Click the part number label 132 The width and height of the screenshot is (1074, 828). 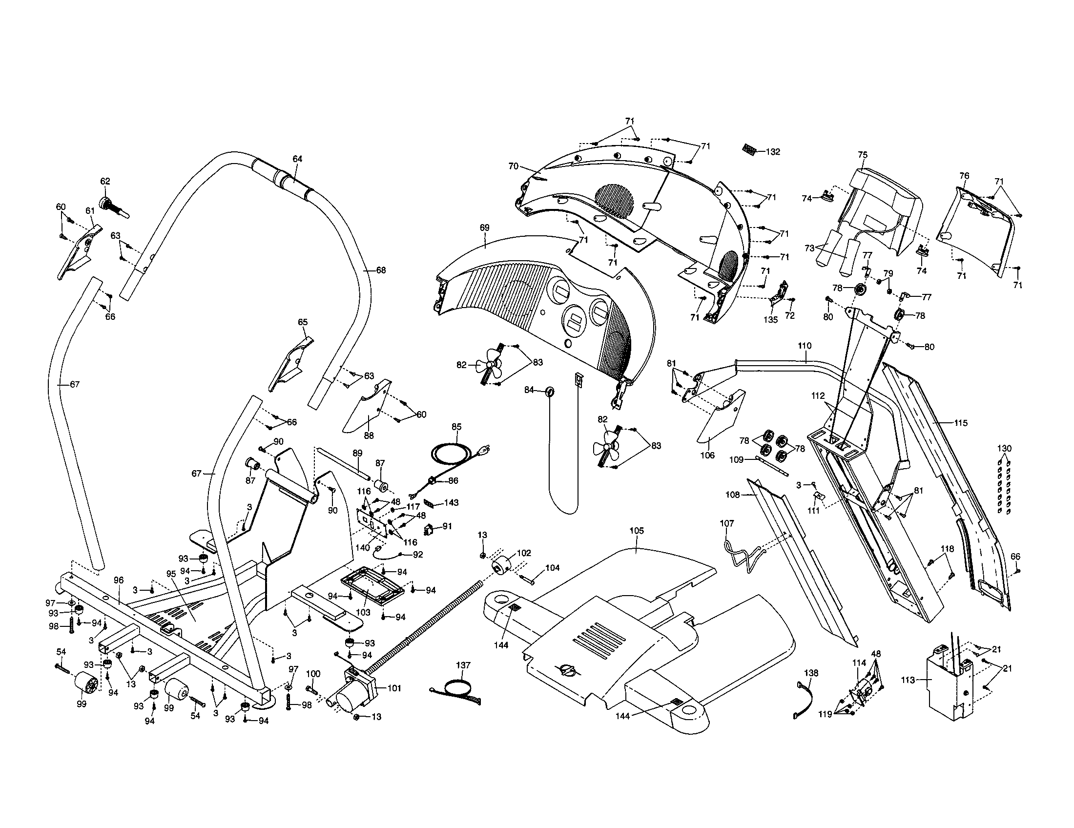click(x=773, y=152)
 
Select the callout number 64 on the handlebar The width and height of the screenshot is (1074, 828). click(x=297, y=159)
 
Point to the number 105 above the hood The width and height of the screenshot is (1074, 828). click(x=636, y=531)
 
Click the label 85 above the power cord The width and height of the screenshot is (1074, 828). click(x=456, y=426)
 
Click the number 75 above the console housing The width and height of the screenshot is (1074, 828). click(x=863, y=154)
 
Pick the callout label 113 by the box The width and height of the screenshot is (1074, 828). click(x=909, y=680)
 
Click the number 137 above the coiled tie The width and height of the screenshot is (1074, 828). click(x=463, y=665)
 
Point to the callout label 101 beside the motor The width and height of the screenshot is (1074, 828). click(x=394, y=688)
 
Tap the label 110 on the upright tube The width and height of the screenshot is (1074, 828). click(x=805, y=346)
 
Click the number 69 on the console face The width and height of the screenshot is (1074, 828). click(x=484, y=228)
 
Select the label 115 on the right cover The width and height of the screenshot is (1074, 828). click(x=960, y=422)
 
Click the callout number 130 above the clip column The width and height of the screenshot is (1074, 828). click(x=1004, y=448)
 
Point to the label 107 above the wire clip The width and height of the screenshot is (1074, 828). click(x=727, y=524)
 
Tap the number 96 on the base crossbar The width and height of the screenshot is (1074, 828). click(x=119, y=580)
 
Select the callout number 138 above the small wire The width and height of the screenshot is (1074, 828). click(x=811, y=673)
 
